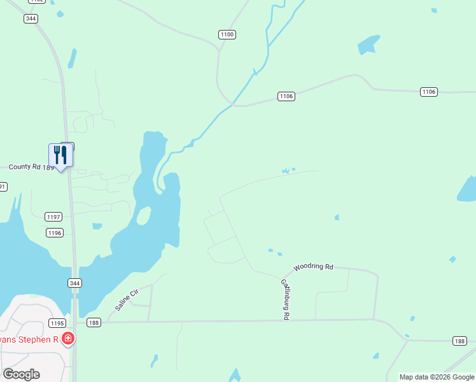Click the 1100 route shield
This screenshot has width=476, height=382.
point(227,34)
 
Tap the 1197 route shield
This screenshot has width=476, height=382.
point(54,217)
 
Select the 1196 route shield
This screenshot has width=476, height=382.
point(55,233)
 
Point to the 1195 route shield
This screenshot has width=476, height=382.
point(58,323)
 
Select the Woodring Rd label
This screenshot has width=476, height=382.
point(313,267)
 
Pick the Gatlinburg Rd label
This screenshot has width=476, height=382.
point(286,299)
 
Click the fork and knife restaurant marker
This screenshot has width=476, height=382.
point(61,155)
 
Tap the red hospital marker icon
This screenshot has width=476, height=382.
point(68,339)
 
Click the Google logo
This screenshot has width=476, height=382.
point(21,374)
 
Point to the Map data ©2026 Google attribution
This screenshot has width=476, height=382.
point(437,377)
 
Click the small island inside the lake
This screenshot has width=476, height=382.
point(144,216)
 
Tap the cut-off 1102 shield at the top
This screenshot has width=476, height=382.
point(37,2)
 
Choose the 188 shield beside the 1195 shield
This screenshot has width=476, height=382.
point(94,323)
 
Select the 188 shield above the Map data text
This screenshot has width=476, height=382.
point(459,341)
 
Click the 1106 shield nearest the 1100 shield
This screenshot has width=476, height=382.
point(286,96)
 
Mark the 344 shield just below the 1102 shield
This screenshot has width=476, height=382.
point(31,18)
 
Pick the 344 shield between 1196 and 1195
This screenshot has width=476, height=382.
point(75,283)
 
